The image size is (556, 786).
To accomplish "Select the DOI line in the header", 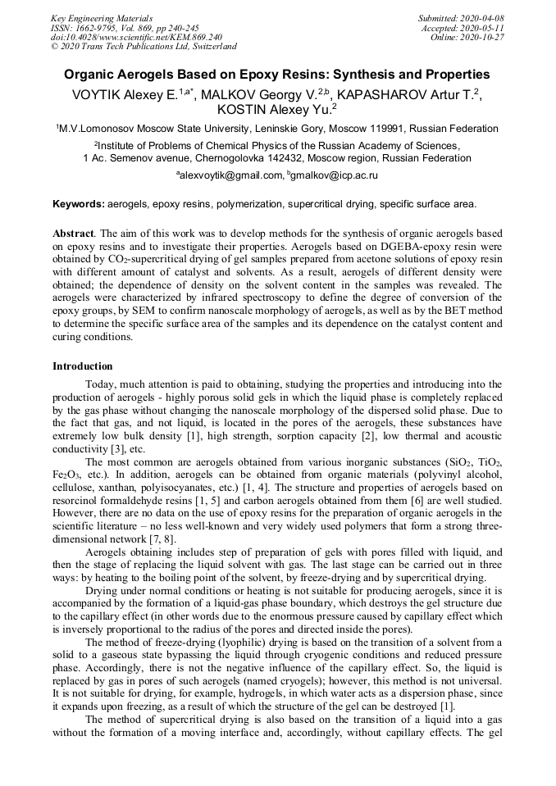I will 136,38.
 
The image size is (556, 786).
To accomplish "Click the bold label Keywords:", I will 79,203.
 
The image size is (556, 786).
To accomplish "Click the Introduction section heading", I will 83,366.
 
